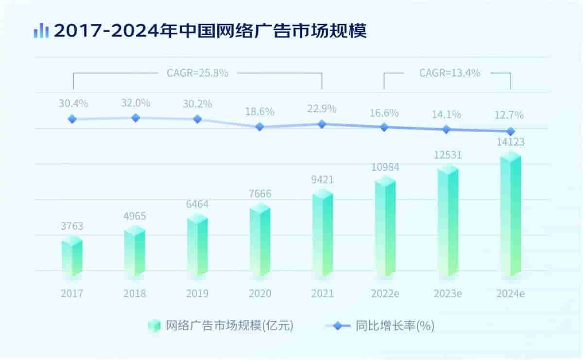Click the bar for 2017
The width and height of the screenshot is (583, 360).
[72, 257]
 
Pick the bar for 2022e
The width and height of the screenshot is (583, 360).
[385, 227]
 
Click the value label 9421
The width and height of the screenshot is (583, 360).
[323, 180]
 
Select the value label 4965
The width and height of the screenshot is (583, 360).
[135, 216]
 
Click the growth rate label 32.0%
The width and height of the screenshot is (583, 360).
[136, 103]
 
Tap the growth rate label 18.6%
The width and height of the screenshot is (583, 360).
[260, 111]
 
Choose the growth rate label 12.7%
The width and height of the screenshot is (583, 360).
[510, 116]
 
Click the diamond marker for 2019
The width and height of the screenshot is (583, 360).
[197, 119]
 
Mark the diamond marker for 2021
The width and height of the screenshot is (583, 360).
[322, 124]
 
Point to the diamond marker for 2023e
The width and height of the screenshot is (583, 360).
[446, 129]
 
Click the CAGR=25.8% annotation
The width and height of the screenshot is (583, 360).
[197, 73]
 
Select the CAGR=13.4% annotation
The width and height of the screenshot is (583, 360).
[449, 73]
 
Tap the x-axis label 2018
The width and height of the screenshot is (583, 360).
[135, 294]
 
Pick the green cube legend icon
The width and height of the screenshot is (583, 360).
[154, 326]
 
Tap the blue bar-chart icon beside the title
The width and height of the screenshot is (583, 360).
[41, 31]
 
